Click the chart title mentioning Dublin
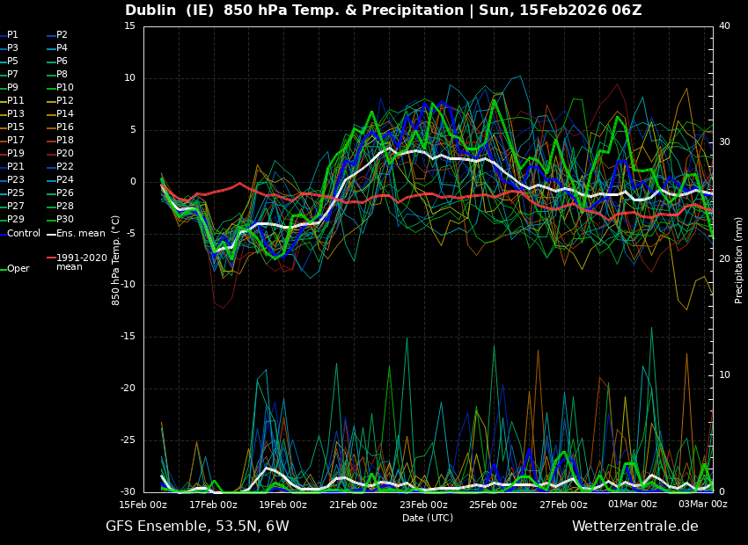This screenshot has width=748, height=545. click(x=383, y=11)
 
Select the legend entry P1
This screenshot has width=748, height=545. click(x=12, y=34)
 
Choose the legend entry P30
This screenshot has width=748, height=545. click(x=65, y=220)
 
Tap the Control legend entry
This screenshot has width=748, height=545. click(x=24, y=233)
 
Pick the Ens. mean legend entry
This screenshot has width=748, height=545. click(x=80, y=233)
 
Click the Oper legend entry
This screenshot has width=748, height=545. click(x=18, y=269)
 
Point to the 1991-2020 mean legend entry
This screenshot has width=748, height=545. click(x=81, y=262)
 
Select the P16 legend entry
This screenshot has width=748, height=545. click(x=65, y=127)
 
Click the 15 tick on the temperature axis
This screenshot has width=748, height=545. click(x=129, y=25)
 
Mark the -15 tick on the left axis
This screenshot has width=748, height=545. click(x=127, y=337)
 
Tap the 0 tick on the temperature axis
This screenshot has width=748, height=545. click(x=133, y=181)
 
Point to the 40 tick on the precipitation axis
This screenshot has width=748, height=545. click(x=724, y=25)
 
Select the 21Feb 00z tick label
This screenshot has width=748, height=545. click(x=353, y=505)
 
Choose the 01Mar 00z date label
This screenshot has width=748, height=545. click(x=633, y=505)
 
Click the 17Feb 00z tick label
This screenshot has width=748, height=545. click(x=213, y=505)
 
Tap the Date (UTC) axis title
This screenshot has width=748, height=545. click(x=428, y=519)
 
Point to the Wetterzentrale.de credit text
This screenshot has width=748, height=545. click(x=634, y=527)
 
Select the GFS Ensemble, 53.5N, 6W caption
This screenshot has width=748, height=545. click(x=197, y=527)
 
